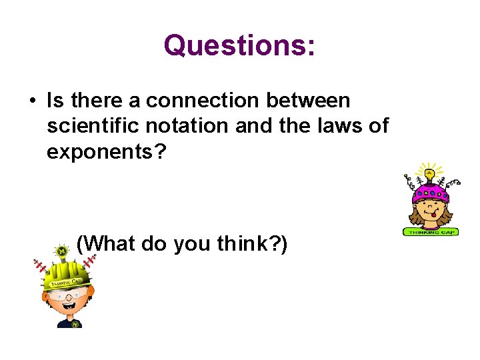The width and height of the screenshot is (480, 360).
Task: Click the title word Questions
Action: [x=239, y=46]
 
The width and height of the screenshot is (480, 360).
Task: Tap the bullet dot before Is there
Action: [x=31, y=101]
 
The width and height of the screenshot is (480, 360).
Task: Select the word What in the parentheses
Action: [x=105, y=244]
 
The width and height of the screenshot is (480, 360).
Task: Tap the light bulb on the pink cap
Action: [x=429, y=175]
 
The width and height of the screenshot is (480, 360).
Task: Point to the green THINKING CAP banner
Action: [x=430, y=231]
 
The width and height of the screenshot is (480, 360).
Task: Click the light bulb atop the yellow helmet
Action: [x=62, y=252]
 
